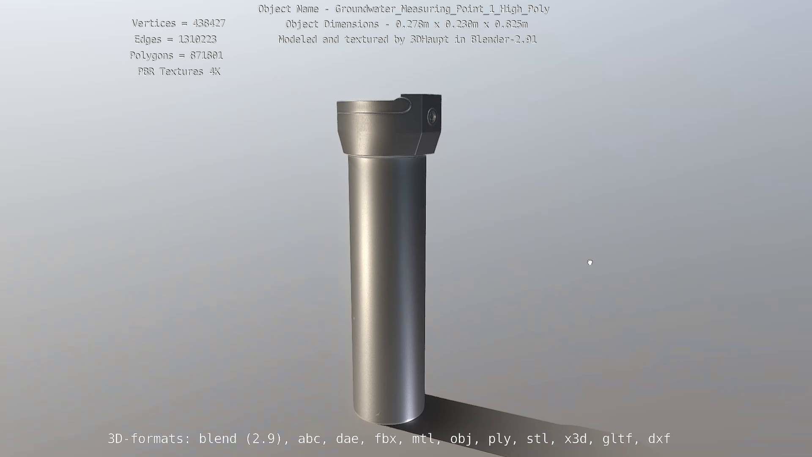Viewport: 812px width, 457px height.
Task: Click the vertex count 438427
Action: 209,23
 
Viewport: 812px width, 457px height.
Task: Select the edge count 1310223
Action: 197,39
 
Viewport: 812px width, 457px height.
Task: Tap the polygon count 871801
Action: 206,55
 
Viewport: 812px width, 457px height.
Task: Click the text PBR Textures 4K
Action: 179,72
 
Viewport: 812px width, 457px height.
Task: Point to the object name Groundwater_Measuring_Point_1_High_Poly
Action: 442,9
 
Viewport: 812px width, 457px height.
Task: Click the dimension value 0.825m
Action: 511,24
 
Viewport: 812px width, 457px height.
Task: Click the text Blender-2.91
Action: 503,39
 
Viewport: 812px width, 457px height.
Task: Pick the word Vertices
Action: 154,23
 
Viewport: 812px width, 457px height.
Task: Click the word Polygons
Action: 151,55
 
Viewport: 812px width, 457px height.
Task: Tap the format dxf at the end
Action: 659,439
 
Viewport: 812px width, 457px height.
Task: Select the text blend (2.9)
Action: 240,439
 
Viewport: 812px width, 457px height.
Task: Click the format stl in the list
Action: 538,439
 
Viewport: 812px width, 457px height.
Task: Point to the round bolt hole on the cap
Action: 432,116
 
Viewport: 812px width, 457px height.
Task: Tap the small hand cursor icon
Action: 590,263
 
